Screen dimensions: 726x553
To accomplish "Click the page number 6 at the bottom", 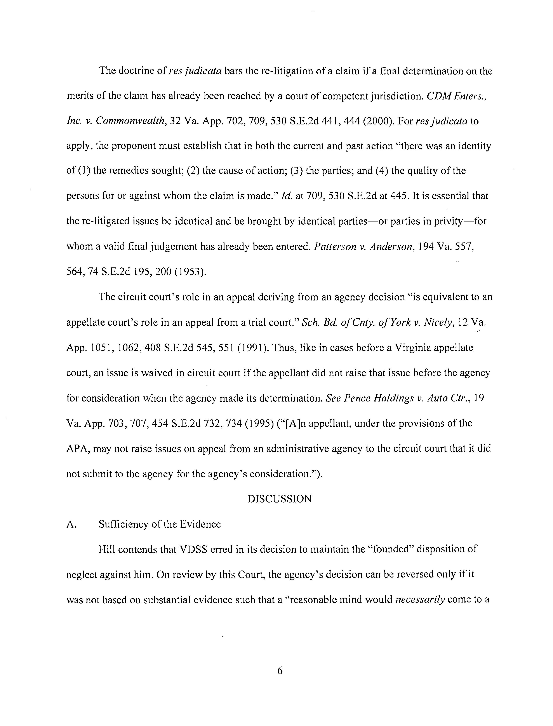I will (280, 671).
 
